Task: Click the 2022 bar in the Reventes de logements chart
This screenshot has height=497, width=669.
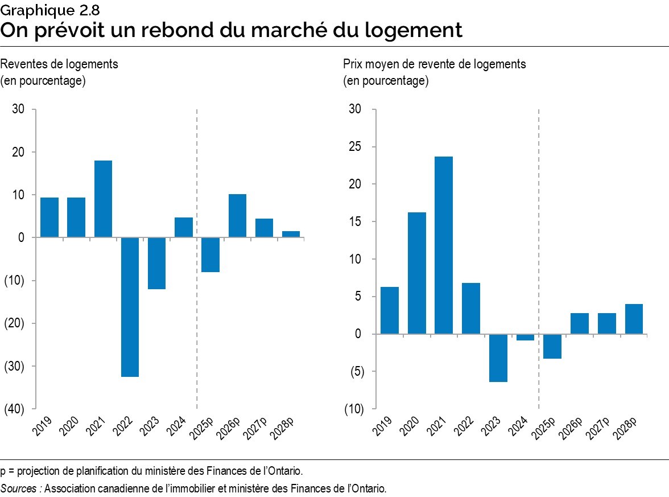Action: tap(130, 307)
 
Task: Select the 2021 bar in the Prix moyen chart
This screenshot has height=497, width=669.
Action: tap(444, 245)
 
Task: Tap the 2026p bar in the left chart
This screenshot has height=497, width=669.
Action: tap(237, 216)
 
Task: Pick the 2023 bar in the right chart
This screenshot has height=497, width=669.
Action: tap(498, 358)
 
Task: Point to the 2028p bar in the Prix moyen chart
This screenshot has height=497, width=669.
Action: tap(634, 319)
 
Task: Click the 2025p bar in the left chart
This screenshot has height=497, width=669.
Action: tap(210, 254)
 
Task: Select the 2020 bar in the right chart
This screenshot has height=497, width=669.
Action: tap(417, 273)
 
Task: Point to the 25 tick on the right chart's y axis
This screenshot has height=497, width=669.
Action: tap(355, 147)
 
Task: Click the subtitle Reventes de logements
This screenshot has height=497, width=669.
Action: tap(59, 64)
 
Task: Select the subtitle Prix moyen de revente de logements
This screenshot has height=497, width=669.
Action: tap(434, 64)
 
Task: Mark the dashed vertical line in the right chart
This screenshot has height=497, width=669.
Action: tap(538, 256)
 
